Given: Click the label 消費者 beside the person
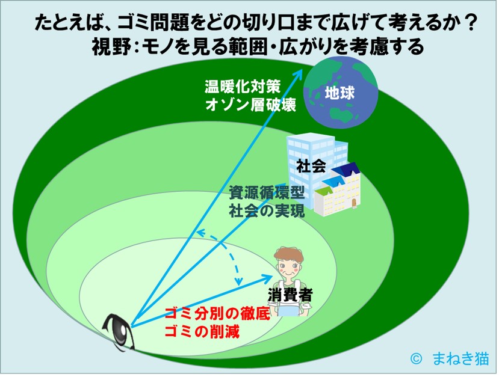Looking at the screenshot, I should click(x=290, y=295).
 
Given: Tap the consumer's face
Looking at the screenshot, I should click(x=288, y=264).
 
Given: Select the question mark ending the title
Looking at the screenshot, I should click(x=471, y=23).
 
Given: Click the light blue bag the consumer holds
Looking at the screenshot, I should click(x=290, y=311).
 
